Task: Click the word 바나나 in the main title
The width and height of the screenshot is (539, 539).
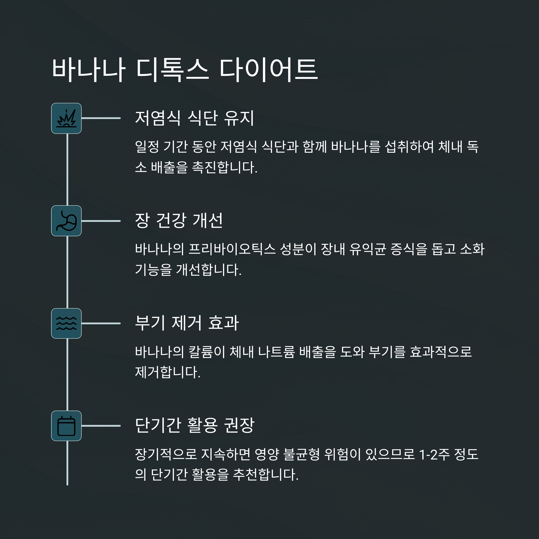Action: [x=88, y=70]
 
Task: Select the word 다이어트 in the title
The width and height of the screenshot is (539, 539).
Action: [x=268, y=70]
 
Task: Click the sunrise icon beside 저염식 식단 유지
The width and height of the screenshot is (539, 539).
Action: [x=66, y=118]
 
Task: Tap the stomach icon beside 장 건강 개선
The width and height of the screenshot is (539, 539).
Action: [x=66, y=221]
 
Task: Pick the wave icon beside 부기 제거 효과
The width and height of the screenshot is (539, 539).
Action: [x=66, y=323]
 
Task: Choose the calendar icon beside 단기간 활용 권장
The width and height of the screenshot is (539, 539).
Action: [x=66, y=426]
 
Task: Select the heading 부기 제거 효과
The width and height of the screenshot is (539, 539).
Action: [x=187, y=323]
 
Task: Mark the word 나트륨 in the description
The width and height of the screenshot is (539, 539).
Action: [x=276, y=351]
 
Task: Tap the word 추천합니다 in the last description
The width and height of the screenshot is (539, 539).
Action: [x=265, y=475]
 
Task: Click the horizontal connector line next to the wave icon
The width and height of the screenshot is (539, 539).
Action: [x=101, y=323]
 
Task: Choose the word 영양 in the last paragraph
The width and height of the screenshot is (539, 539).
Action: [x=267, y=454]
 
